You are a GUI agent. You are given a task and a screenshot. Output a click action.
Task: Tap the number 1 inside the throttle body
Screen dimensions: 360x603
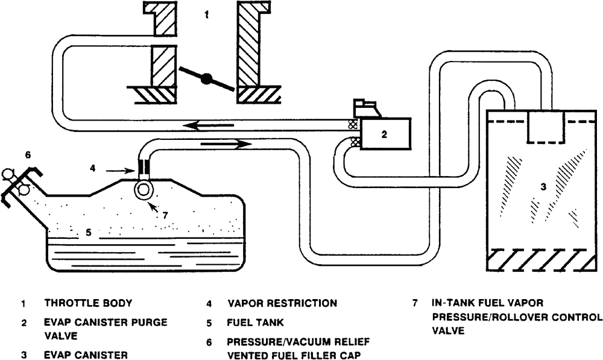pyautogui.click(x=207, y=15)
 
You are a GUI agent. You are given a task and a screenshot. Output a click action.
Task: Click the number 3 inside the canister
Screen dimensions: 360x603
pyautogui.click(x=543, y=188)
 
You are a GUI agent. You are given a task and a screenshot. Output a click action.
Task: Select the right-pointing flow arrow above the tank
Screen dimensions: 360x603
pyautogui.click(x=223, y=144)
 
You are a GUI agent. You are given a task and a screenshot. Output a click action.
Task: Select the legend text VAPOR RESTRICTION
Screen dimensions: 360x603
pyautogui.click(x=282, y=303)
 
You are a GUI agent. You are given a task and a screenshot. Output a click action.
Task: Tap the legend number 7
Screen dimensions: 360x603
pyautogui.click(x=415, y=303)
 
